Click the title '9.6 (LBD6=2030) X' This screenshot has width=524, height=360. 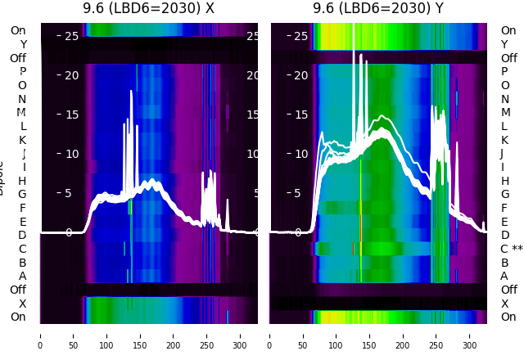(x=148, y=8)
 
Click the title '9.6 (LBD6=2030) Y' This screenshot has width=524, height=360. (x=378, y=8)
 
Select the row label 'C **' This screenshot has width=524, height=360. (x=512, y=249)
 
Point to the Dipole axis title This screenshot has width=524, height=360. (x=2, y=176)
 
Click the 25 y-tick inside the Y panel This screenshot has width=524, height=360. (x=300, y=36)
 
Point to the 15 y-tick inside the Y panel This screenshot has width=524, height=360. (x=300, y=115)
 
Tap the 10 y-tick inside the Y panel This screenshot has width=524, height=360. (x=300, y=154)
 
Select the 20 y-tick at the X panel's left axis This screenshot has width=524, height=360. (x=70, y=75)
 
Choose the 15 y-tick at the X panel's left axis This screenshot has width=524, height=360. (x=70, y=115)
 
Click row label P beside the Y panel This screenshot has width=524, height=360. (x=504, y=72)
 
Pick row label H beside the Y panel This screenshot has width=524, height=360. (x=504, y=181)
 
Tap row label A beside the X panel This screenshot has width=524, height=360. (x=22, y=276)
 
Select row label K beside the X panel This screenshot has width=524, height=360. (x=22, y=140)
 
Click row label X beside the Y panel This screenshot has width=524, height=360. (x=504, y=304)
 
